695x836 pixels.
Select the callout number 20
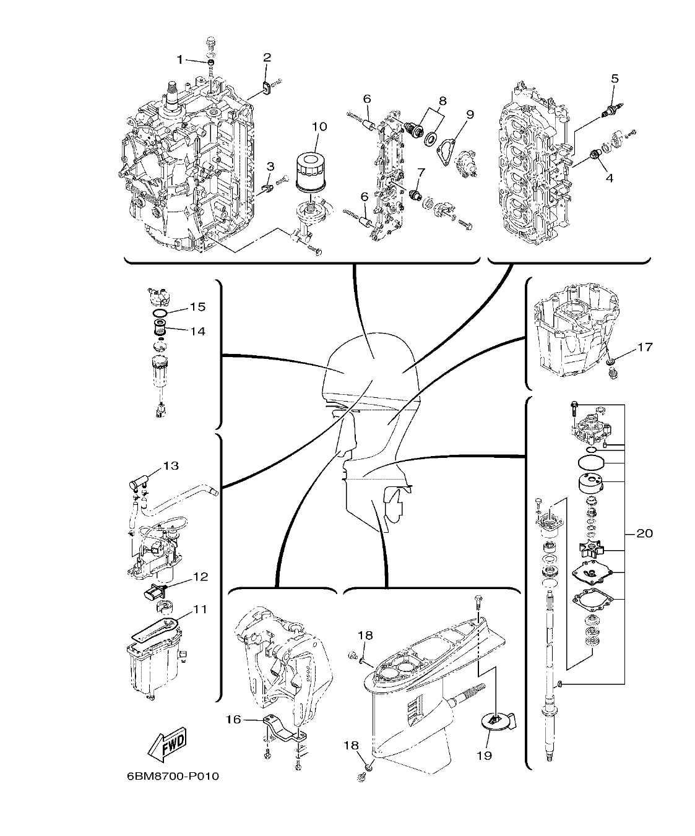point(644,533)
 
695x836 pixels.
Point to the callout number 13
point(170,465)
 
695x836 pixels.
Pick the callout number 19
point(484,756)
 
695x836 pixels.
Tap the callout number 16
point(233,719)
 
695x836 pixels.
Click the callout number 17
point(644,347)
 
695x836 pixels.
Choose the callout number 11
point(199,609)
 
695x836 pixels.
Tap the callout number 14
point(197,331)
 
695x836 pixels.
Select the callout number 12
point(200,577)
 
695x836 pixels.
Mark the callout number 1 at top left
point(180,59)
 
